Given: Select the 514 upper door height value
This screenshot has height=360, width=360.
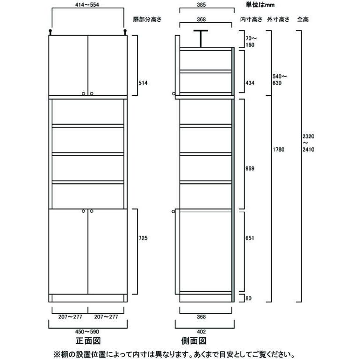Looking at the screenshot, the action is tap(143, 83).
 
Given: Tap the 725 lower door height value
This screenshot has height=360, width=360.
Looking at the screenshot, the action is tap(143, 238).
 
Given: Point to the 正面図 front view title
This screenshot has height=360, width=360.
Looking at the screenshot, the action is tap(87, 341).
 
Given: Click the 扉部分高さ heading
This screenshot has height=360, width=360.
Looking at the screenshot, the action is tap(146, 20).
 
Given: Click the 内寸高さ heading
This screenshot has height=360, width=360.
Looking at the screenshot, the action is tap(252, 20).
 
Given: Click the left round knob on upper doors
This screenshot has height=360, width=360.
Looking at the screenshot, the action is tap(83, 94).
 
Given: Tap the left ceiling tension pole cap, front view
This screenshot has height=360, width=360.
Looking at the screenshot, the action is tap(50, 32).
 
